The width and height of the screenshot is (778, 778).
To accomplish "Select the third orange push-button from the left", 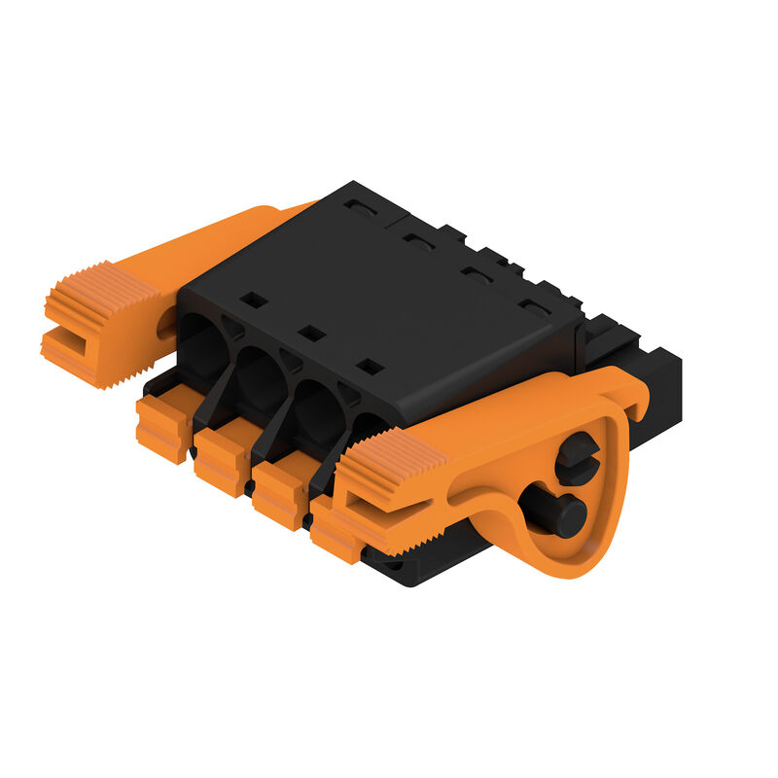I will point(280,493).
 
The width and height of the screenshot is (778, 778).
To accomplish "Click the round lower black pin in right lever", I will point(558,513).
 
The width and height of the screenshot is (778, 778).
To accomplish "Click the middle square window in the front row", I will point(310,333).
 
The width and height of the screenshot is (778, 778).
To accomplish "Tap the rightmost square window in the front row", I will point(369,367).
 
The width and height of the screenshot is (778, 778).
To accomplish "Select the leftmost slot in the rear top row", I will point(359,207).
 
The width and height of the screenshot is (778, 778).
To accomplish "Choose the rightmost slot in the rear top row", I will point(534,308).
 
